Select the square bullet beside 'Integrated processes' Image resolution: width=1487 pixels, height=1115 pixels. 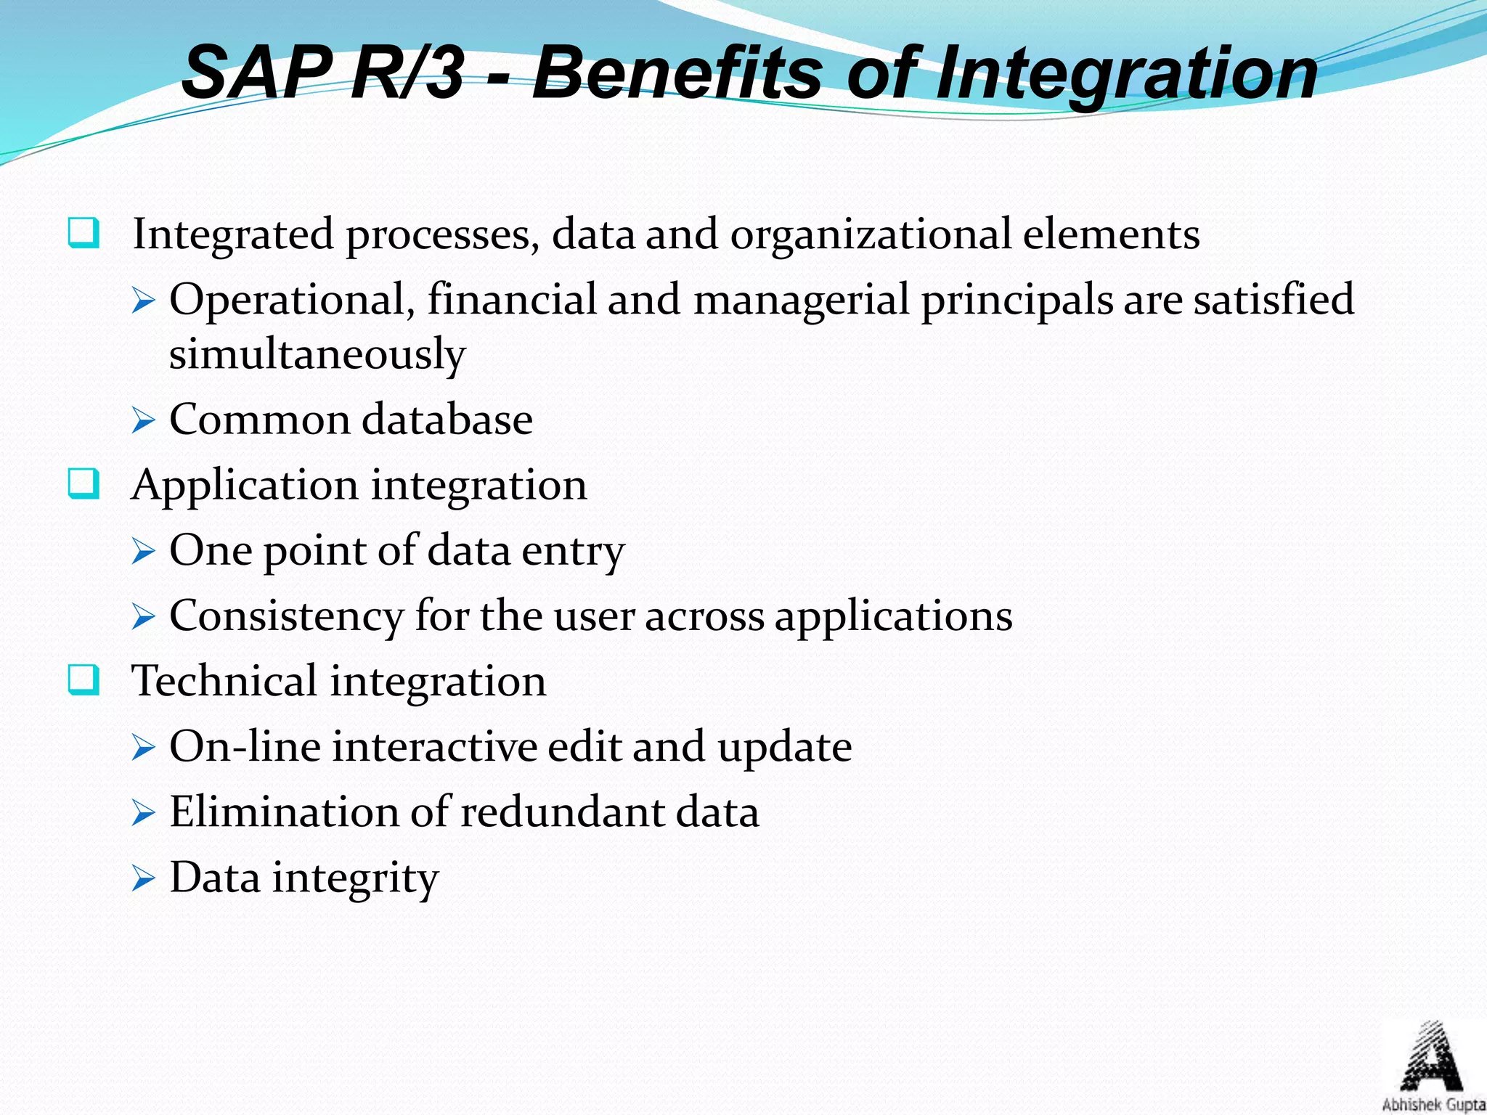83,234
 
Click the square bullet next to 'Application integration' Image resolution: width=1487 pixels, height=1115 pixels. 83,484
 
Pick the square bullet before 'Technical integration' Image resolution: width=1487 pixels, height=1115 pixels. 83,680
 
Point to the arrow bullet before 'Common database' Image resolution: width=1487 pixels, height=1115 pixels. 144,420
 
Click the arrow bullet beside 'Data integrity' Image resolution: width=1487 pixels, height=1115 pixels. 144,878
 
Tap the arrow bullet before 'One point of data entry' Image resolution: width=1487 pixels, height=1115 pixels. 144,551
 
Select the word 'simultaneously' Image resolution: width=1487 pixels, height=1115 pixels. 317,354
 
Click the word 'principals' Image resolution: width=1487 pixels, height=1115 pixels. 1017,301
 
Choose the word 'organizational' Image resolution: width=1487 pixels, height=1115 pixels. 870,235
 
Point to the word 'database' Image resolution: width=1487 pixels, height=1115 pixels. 447,420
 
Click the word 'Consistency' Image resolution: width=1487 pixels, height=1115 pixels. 285,617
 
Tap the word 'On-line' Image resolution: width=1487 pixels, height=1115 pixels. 245,746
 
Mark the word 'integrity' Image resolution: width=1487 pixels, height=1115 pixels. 355,878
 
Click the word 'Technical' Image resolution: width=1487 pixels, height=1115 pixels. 224,681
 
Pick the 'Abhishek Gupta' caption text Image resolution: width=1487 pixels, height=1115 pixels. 1433,1105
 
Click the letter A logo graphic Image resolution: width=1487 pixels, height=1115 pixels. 1430,1058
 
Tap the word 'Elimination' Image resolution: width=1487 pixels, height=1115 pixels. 284,812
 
